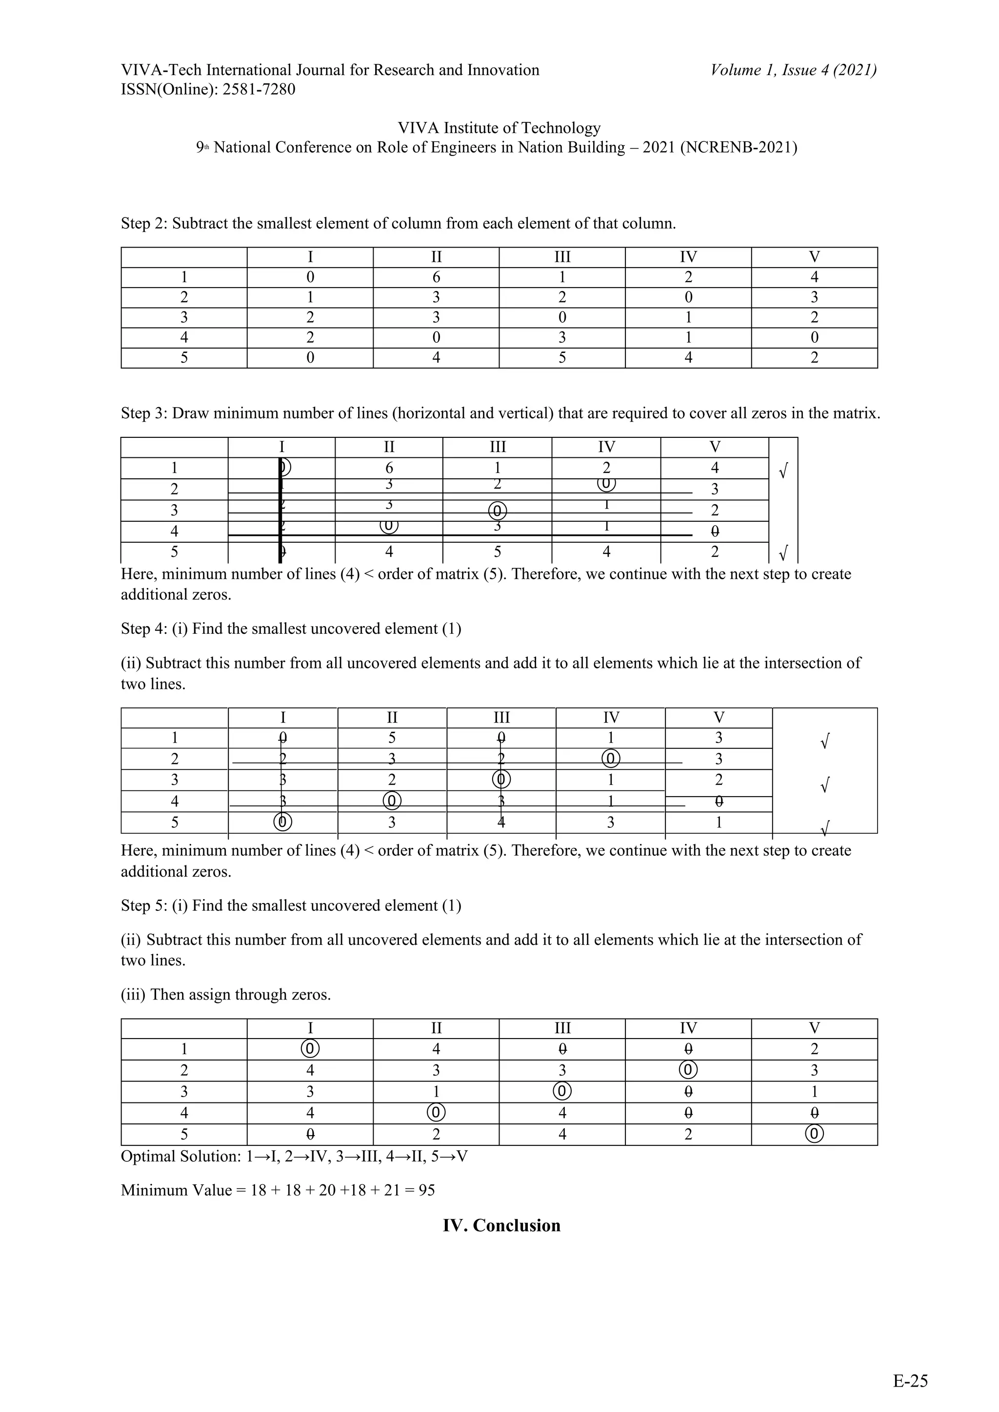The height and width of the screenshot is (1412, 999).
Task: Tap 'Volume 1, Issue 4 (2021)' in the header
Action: pyautogui.click(x=794, y=70)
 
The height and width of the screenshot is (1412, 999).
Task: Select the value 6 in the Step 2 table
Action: pyautogui.click(x=436, y=277)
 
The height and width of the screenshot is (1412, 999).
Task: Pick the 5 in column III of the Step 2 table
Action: pyautogui.click(x=561, y=358)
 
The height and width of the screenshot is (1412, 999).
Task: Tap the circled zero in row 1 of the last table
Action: pyautogui.click(x=310, y=1049)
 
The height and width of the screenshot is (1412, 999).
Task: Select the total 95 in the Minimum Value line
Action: pyautogui.click(x=426, y=1191)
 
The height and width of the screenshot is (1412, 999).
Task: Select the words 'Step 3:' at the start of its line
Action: pyautogui.click(x=144, y=413)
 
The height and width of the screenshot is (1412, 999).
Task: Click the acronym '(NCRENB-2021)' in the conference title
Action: pyautogui.click(x=738, y=148)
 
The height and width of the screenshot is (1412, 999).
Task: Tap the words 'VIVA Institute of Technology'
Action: pyautogui.click(x=499, y=128)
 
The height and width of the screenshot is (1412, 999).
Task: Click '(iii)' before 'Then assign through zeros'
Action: pyautogui.click(x=133, y=995)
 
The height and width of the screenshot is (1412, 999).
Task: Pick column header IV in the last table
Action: pyautogui.click(x=688, y=1028)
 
